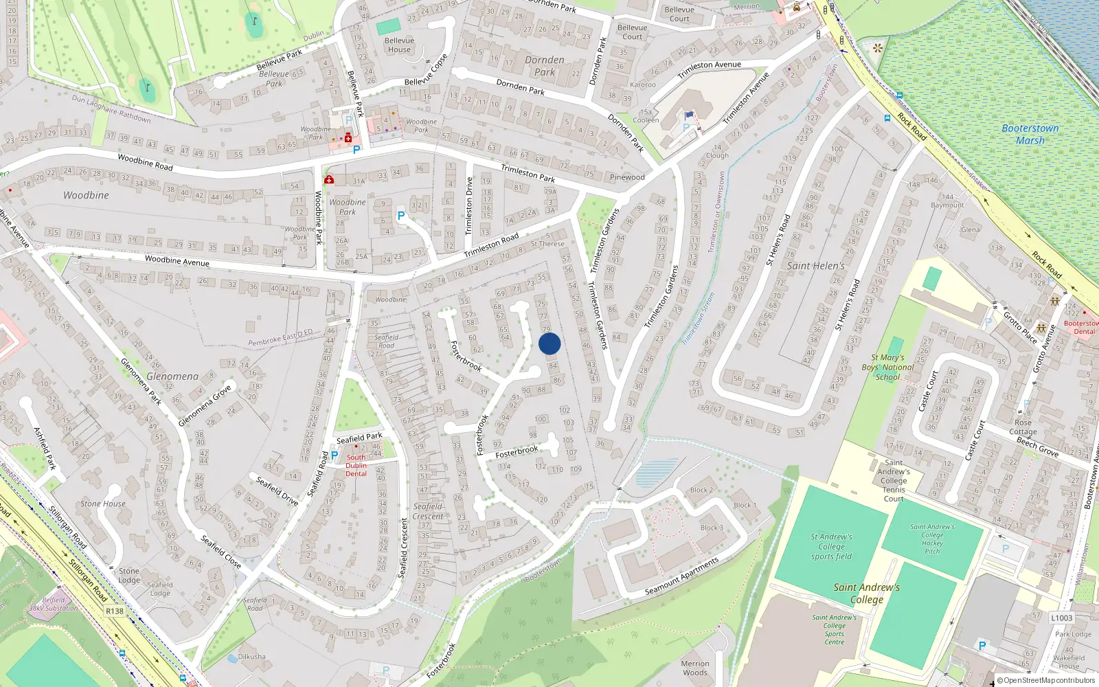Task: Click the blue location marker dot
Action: pyautogui.click(x=549, y=343)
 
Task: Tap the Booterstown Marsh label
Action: pyautogui.click(x=1030, y=134)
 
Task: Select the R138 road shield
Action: pyautogui.click(x=115, y=611)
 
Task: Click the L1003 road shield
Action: pyautogui.click(x=1061, y=618)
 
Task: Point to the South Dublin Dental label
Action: pyautogui.click(x=356, y=465)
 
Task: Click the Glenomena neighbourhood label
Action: pyautogui.click(x=172, y=376)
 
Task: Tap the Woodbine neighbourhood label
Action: pyautogui.click(x=86, y=195)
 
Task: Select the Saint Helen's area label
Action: pyautogui.click(x=816, y=266)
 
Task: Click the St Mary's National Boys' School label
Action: pyautogui.click(x=887, y=367)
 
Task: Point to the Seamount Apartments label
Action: pyautogui.click(x=681, y=576)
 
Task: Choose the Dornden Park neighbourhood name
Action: pyautogui.click(x=545, y=65)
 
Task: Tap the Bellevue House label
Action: pyautogui.click(x=399, y=45)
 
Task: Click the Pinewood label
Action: pyautogui.click(x=627, y=177)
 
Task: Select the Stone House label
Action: pyautogui.click(x=103, y=504)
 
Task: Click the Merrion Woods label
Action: pyautogui.click(x=695, y=668)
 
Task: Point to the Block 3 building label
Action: pyautogui.click(x=712, y=528)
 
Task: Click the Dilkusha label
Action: pyautogui.click(x=251, y=656)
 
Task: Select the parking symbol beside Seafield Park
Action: pyautogui.click(x=335, y=455)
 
